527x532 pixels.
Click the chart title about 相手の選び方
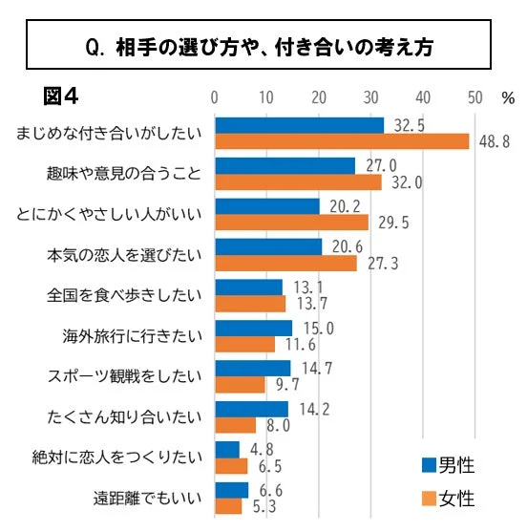click(263, 47)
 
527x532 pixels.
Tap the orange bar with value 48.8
click(342, 141)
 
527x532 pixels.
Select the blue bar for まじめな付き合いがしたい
click(300, 125)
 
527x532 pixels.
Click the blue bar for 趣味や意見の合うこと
click(285, 166)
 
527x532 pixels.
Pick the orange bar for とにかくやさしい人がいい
click(292, 223)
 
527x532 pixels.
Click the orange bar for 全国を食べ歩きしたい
click(250, 304)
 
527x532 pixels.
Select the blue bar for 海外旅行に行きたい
click(254, 328)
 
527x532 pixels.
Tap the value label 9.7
click(285, 385)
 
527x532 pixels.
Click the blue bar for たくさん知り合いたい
click(252, 409)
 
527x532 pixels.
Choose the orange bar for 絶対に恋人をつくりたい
click(232, 466)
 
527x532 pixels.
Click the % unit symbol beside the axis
click(507, 97)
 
